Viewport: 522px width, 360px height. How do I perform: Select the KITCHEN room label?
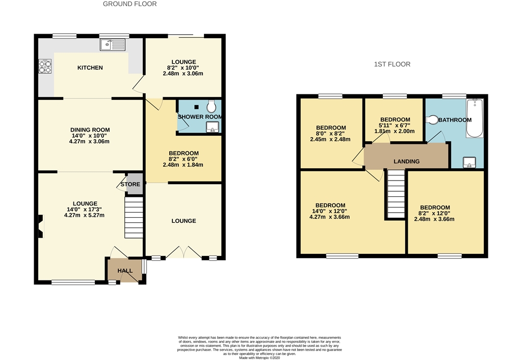pos(90,68)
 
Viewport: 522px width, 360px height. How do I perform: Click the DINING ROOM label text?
pos(90,130)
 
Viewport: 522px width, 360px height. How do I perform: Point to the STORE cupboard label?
pos(130,184)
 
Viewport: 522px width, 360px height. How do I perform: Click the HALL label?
pos(124,271)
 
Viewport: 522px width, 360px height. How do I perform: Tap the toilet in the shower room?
pos(212,107)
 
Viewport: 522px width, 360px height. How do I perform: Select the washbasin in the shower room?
pos(212,126)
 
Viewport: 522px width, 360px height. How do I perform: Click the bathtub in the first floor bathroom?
pos(475,118)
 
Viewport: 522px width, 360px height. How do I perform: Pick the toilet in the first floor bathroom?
pos(432,120)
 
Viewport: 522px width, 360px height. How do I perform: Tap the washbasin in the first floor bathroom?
pos(469,162)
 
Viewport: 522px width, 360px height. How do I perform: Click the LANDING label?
pos(406,161)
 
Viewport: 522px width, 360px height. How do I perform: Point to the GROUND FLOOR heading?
pos(129,4)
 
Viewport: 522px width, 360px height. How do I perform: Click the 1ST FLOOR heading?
pos(392,64)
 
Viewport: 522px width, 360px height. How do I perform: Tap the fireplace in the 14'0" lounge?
pos(40,226)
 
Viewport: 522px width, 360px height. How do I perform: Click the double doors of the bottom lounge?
pos(183,252)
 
